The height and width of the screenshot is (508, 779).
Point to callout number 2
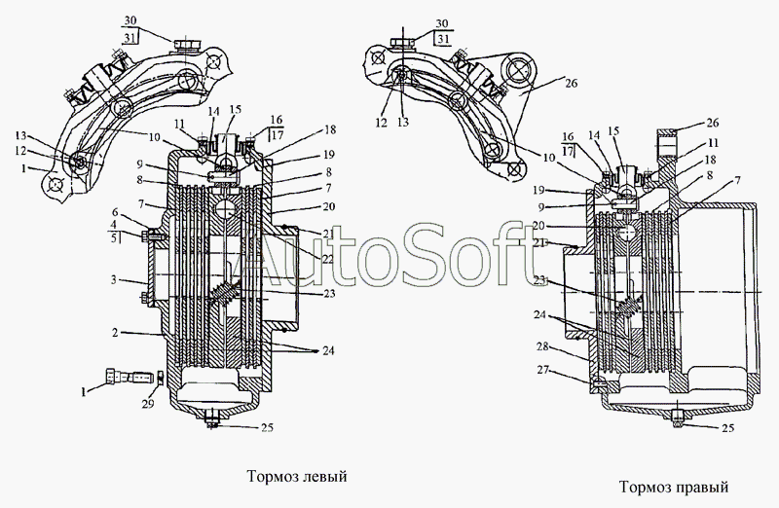click(116, 332)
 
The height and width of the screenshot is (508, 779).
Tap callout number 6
click(116, 212)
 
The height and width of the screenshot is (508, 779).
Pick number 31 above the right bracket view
click(443, 38)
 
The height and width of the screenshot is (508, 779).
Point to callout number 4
click(116, 225)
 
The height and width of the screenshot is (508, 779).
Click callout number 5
click(116, 236)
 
